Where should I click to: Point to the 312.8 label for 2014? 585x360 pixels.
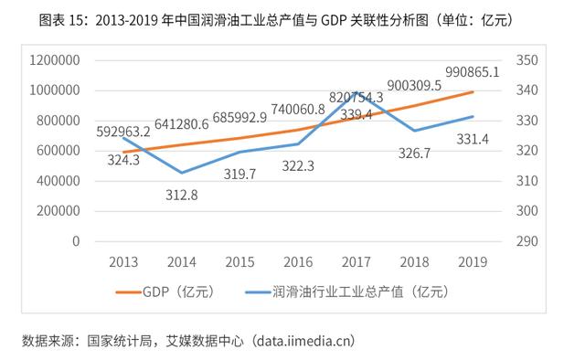[x=181, y=194]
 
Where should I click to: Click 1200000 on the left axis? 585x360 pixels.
[x=54, y=60]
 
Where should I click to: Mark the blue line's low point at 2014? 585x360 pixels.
[x=181, y=173]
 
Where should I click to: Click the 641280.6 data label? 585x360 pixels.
[x=181, y=125]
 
